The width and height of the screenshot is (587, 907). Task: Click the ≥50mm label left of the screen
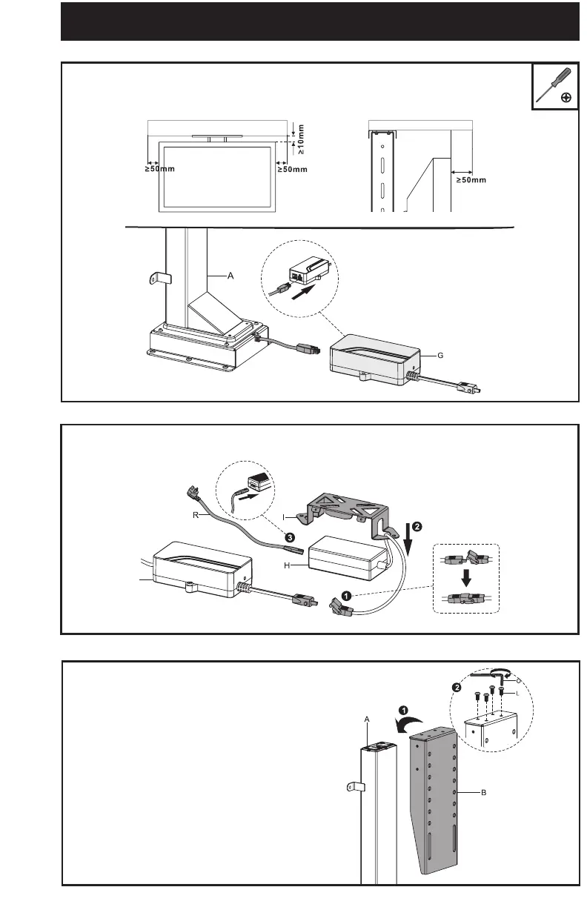coord(159,170)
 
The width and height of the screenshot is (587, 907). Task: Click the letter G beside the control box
coord(440,356)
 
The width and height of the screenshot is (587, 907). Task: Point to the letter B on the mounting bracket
coord(483,792)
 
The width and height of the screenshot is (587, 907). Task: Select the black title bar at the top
coord(319,22)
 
